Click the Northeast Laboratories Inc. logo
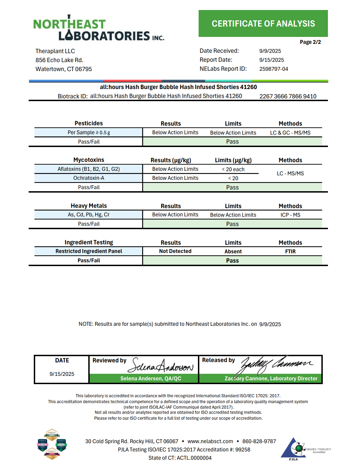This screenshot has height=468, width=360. coord(99,29)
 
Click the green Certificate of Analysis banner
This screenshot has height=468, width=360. coord(263,23)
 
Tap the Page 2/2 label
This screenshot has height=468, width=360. coord(310,42)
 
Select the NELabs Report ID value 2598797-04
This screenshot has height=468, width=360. coord(273,69)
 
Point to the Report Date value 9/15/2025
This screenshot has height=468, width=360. coord(271,60)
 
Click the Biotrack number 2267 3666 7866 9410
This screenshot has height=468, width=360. coord(288,96)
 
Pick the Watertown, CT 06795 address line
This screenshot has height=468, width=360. coord(63,69)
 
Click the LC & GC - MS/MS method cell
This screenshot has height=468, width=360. coord(290,133)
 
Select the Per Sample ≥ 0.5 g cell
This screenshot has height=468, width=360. coord(89,133)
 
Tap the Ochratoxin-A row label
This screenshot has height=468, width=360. coord(89,178)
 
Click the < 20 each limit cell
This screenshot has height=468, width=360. coord(233,169)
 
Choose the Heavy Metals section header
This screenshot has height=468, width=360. coord(89,206)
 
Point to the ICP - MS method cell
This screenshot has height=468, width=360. coord(290,215)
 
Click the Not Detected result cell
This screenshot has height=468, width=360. coord(175,251)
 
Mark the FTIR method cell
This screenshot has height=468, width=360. coord(290,252)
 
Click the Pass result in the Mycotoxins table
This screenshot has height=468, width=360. coord(232,187)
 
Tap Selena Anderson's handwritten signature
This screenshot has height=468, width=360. coord(160,365)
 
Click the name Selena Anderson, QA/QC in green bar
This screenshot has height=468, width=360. coord(151,379)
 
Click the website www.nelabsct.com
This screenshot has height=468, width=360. coord(210,441)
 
